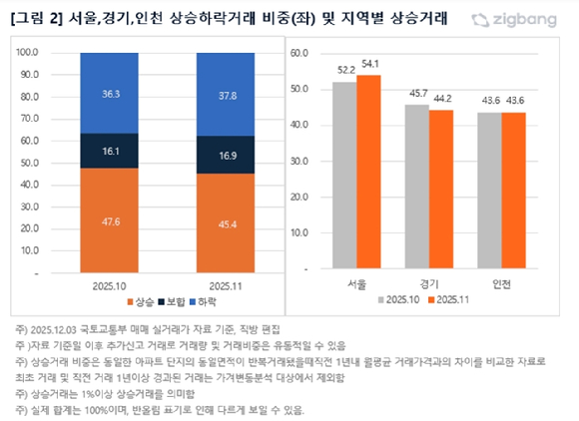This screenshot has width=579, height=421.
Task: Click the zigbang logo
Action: (518, 19)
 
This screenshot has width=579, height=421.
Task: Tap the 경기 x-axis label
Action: (429, 283)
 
